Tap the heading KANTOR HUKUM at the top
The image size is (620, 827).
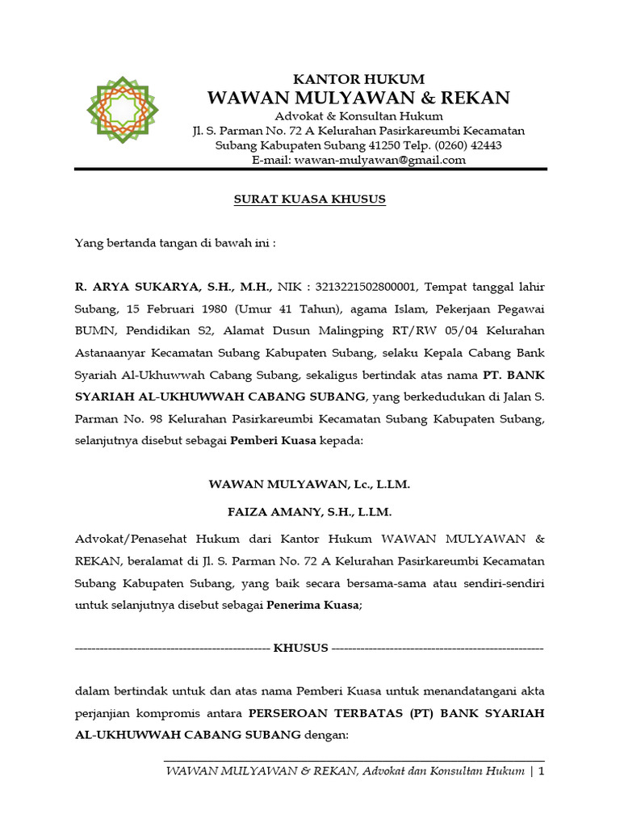click(358, 79)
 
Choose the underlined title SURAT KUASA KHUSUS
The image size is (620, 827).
click(311, 199)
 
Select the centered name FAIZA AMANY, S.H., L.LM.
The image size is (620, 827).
click(310, 512)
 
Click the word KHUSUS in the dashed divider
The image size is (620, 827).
click(300, 648)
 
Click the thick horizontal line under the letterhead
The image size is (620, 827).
click(311, 169)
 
